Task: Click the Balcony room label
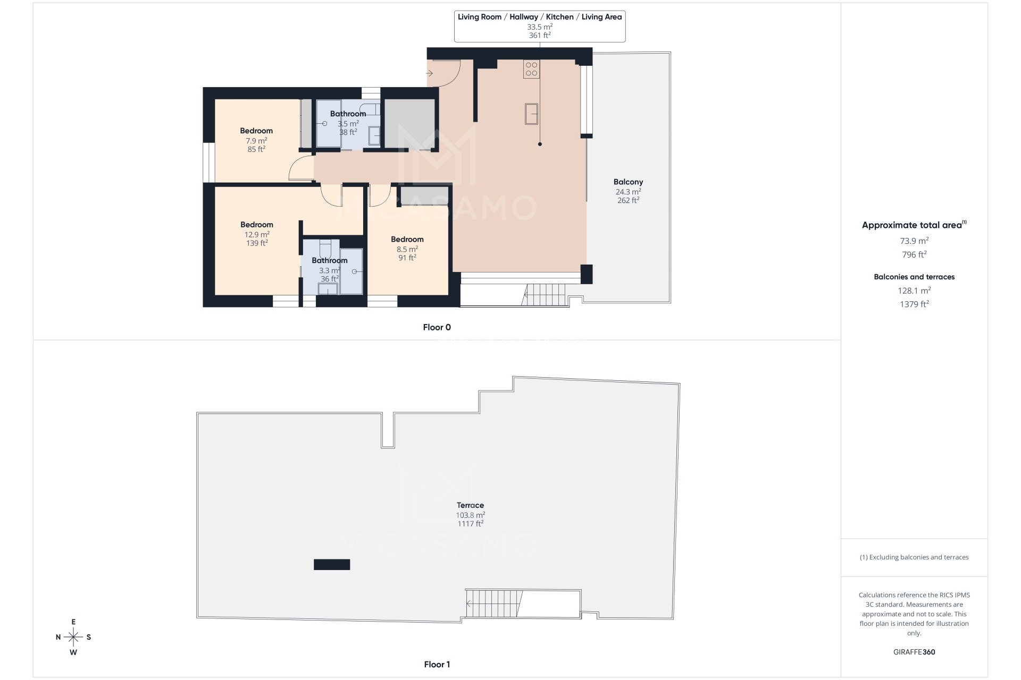tap(628, 182)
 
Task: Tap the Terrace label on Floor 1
tap(470, 505)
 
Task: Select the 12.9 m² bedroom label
tap(256, 225)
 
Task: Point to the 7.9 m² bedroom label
tap(256, 131)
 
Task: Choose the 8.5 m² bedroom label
tap(407, 240)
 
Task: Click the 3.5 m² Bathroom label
tap(348, 114)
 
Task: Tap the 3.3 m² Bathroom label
tap(329, 260)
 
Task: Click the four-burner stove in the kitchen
tap(531, 69)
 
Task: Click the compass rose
tap(73, 637)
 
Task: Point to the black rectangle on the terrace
tap(332, 565)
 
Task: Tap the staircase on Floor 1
tap(492, 603)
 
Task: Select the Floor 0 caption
tap(437, 327)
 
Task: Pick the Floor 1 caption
tap(437, 664)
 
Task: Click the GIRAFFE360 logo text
tap(914, 652)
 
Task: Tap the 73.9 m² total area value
tap(914, 241)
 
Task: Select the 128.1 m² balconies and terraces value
tap(914, 291)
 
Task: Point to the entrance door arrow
tap(430, 73)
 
